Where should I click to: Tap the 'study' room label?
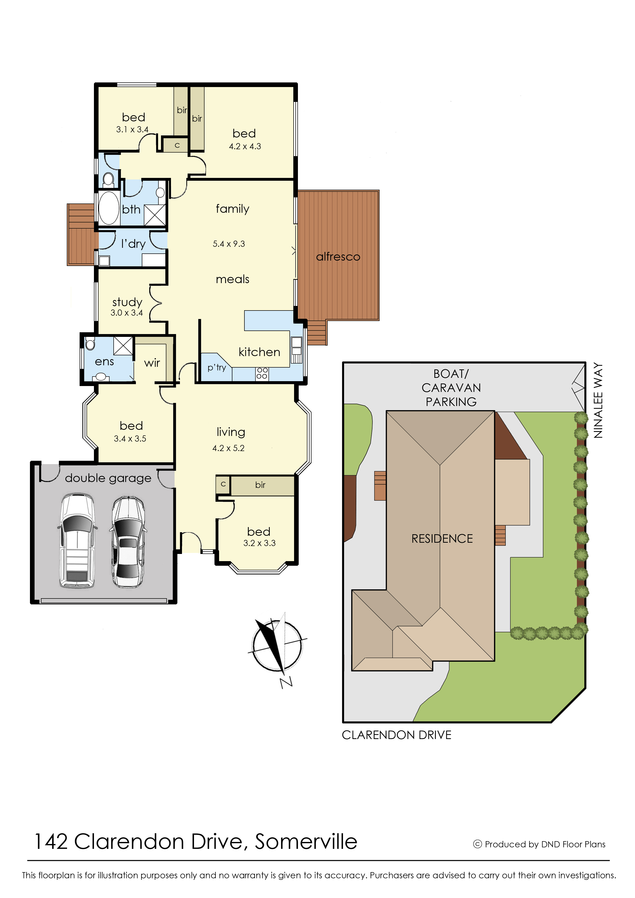[127, 302]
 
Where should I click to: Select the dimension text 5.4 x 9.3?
[229, 244]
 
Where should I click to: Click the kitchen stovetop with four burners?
[262, 373]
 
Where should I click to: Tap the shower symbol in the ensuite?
[123, 346]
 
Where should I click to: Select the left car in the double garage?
[77, 541]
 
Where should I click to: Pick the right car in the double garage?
[128, 542]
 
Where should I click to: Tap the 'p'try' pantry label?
[217, 367]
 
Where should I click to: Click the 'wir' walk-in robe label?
[152, 363]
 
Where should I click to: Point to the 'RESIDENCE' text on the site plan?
[442, 539]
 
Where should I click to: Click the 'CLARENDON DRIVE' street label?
[396, 735]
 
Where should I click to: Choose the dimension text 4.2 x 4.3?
[245, 146]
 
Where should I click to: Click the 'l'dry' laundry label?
[133, 244]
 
